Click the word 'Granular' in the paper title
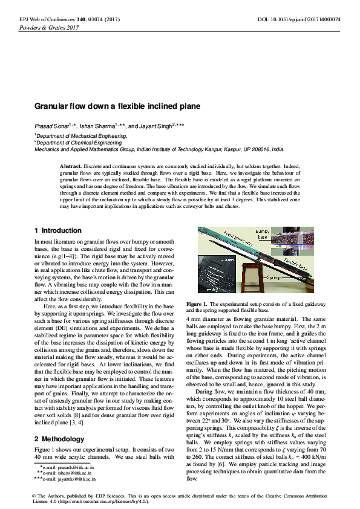tap(53, 106)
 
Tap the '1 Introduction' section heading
tap(57, 231)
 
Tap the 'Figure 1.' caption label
tap(197, 303)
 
